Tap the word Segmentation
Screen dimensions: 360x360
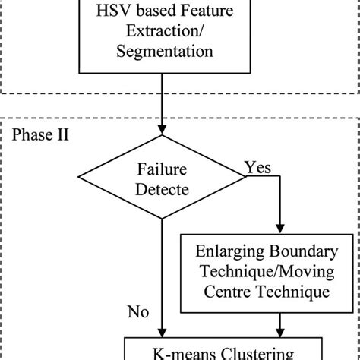tap(160, 52)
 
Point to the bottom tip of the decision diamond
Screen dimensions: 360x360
tap(161, 223)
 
